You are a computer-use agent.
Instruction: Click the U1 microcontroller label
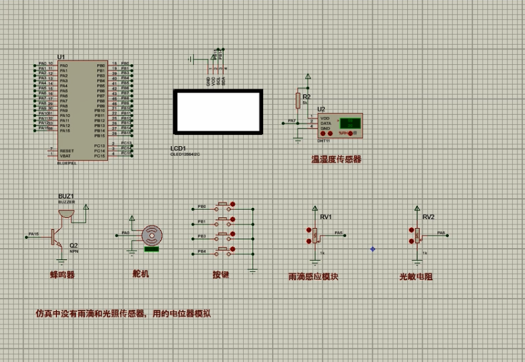pos(60,57)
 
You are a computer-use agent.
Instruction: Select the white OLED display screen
pos(218,111)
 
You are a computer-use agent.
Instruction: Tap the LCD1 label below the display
pos(178,148)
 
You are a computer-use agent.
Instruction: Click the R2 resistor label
pos(306,96)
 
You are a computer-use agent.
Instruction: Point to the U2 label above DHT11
pos(321,109)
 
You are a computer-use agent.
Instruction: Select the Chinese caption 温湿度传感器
pos(336,159)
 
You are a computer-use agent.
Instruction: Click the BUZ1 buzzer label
pos(66,196)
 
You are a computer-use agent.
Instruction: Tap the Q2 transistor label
pos(74,245)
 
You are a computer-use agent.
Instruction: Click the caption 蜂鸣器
pos(62,274)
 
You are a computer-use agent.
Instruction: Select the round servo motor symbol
pos(151,235)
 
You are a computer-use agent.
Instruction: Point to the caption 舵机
pos(140,274)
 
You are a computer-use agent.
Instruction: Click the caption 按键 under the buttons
pos(221,274)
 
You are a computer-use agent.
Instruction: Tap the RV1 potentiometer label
pos(326,217)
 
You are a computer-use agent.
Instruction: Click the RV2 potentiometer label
pos(428,217)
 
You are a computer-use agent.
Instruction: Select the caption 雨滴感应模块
pos(313,277)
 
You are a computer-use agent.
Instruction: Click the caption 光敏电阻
pos(416,277)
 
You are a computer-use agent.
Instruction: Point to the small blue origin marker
pos(373,249)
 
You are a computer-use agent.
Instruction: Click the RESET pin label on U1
pos(67,151)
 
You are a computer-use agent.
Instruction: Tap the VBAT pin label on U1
pos(65,156)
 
